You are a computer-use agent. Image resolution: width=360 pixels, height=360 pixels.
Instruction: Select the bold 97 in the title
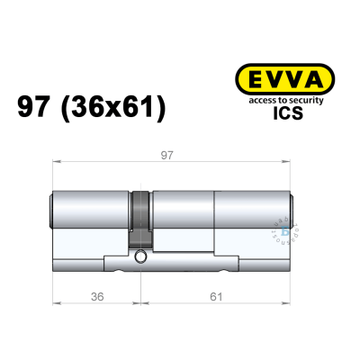coord(37,109)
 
